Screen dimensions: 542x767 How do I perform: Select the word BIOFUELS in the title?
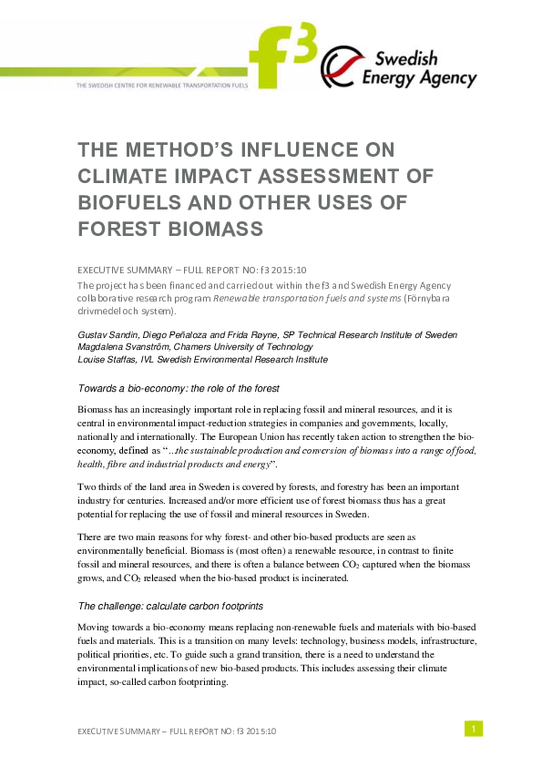(x=130, y=202)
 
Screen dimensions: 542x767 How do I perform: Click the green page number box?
(x=473, y=728)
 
